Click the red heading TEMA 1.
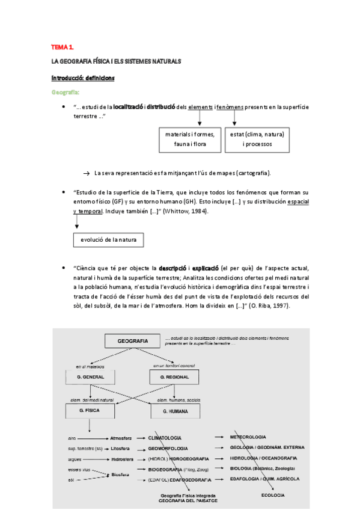(62, 46)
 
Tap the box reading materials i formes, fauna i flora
(189, 139)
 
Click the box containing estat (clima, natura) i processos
(257, 139)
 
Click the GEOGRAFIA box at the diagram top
(133, 341)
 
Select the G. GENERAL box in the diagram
(90, 377)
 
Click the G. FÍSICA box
(90, 411)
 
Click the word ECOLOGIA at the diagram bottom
(272, 495)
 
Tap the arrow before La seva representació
(86, 173)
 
